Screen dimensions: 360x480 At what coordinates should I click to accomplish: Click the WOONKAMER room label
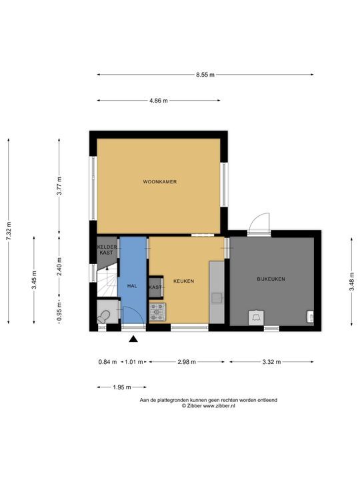point(160,181)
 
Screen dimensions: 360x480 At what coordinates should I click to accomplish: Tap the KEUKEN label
point(184,281)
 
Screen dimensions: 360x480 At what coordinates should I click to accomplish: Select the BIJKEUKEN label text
point(271,279)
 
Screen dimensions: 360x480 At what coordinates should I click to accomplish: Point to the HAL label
point(132,286)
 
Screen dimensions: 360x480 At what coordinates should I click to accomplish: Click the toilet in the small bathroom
point(104,317)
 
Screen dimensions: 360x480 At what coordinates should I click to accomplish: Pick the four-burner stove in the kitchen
point(157,312)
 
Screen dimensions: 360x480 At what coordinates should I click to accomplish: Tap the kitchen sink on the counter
point(217,298)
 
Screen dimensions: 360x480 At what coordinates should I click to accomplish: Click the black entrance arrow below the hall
point(133,339)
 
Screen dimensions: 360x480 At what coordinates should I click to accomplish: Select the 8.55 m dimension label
point(205,75)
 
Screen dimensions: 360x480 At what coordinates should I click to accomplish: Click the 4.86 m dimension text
point(159,101)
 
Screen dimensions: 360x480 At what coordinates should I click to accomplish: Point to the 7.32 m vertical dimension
point(9,231)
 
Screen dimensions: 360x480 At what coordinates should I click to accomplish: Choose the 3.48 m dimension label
point(352,281)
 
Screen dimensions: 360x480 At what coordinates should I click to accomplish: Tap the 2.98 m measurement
point(187,362)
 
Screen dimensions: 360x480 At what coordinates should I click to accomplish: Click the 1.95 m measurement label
point(122,387)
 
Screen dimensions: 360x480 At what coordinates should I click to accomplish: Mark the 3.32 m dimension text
point(271,362)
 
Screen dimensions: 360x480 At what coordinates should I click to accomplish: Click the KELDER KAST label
point(107,250)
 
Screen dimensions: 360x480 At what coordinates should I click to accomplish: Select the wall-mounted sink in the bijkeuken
point(310,317)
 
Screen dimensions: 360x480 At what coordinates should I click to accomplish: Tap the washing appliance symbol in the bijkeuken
point(256,318)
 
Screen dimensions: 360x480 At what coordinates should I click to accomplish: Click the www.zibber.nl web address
point(219,405)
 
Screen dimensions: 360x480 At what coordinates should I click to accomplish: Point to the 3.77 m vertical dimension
point(59,186)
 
